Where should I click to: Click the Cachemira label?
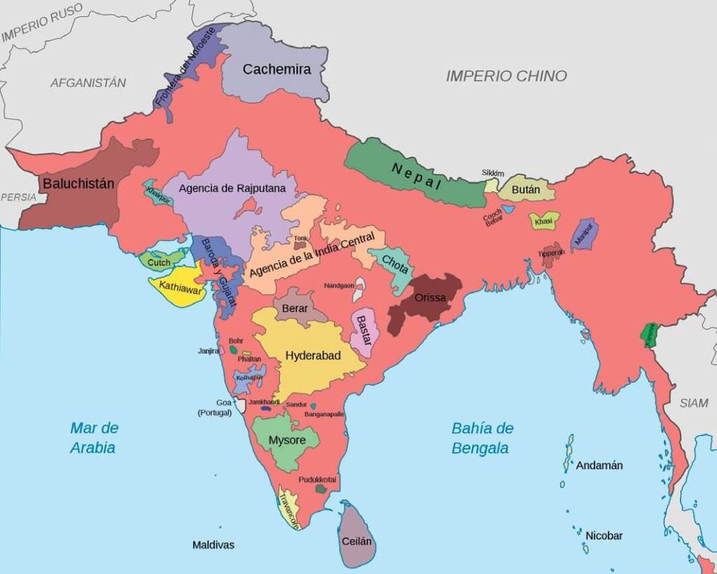277,69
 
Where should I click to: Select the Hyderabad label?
313,356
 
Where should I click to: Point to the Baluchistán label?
78,184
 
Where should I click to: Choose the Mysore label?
287,440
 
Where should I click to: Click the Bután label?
525,190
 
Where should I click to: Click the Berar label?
295,309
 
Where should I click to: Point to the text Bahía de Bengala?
482,438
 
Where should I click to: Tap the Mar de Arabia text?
94,437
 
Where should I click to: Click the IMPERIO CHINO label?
506,76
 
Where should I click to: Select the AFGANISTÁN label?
88,83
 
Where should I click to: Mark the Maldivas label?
214,545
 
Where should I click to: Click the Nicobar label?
604,535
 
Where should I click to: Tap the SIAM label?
693,403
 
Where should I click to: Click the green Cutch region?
160,262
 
